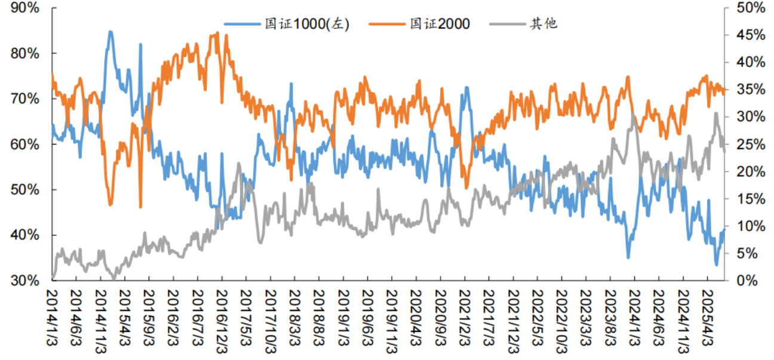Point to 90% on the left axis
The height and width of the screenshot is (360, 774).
26,8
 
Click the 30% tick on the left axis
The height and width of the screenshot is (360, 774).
26,281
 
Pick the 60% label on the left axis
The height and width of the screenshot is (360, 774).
26,144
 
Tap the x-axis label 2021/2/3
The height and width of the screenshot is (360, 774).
464,316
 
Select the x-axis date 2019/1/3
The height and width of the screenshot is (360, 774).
343,316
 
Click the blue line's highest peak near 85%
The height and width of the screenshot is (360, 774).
110,32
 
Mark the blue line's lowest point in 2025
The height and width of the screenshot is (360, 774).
717,264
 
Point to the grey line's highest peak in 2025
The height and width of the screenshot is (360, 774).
715,113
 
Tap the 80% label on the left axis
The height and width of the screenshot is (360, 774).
26,53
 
